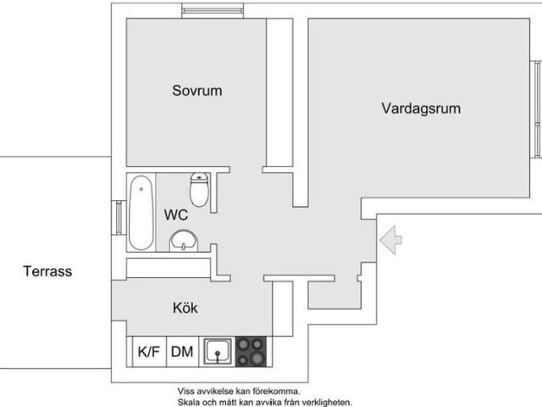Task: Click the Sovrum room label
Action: coord(197,91)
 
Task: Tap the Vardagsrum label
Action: coord(421,109)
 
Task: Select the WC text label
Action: coord(176,215)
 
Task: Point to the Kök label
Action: coord(185,308)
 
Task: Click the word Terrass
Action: coord(47,271)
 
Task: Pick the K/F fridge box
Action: coord(149,352)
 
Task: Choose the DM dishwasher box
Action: coord(182,352)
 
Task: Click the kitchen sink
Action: coord(218,351)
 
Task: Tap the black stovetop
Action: coord(251,351)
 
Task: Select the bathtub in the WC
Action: coord(141,213)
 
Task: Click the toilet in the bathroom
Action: coord(199,190)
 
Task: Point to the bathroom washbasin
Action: coord(184,241)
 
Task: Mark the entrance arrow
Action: coord(390,240)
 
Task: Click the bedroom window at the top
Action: coord(213,10)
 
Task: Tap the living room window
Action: coord(537,109)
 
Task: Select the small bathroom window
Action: coord(119,218)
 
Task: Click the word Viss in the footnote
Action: coord(185,392)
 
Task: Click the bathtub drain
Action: coord(141,189)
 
